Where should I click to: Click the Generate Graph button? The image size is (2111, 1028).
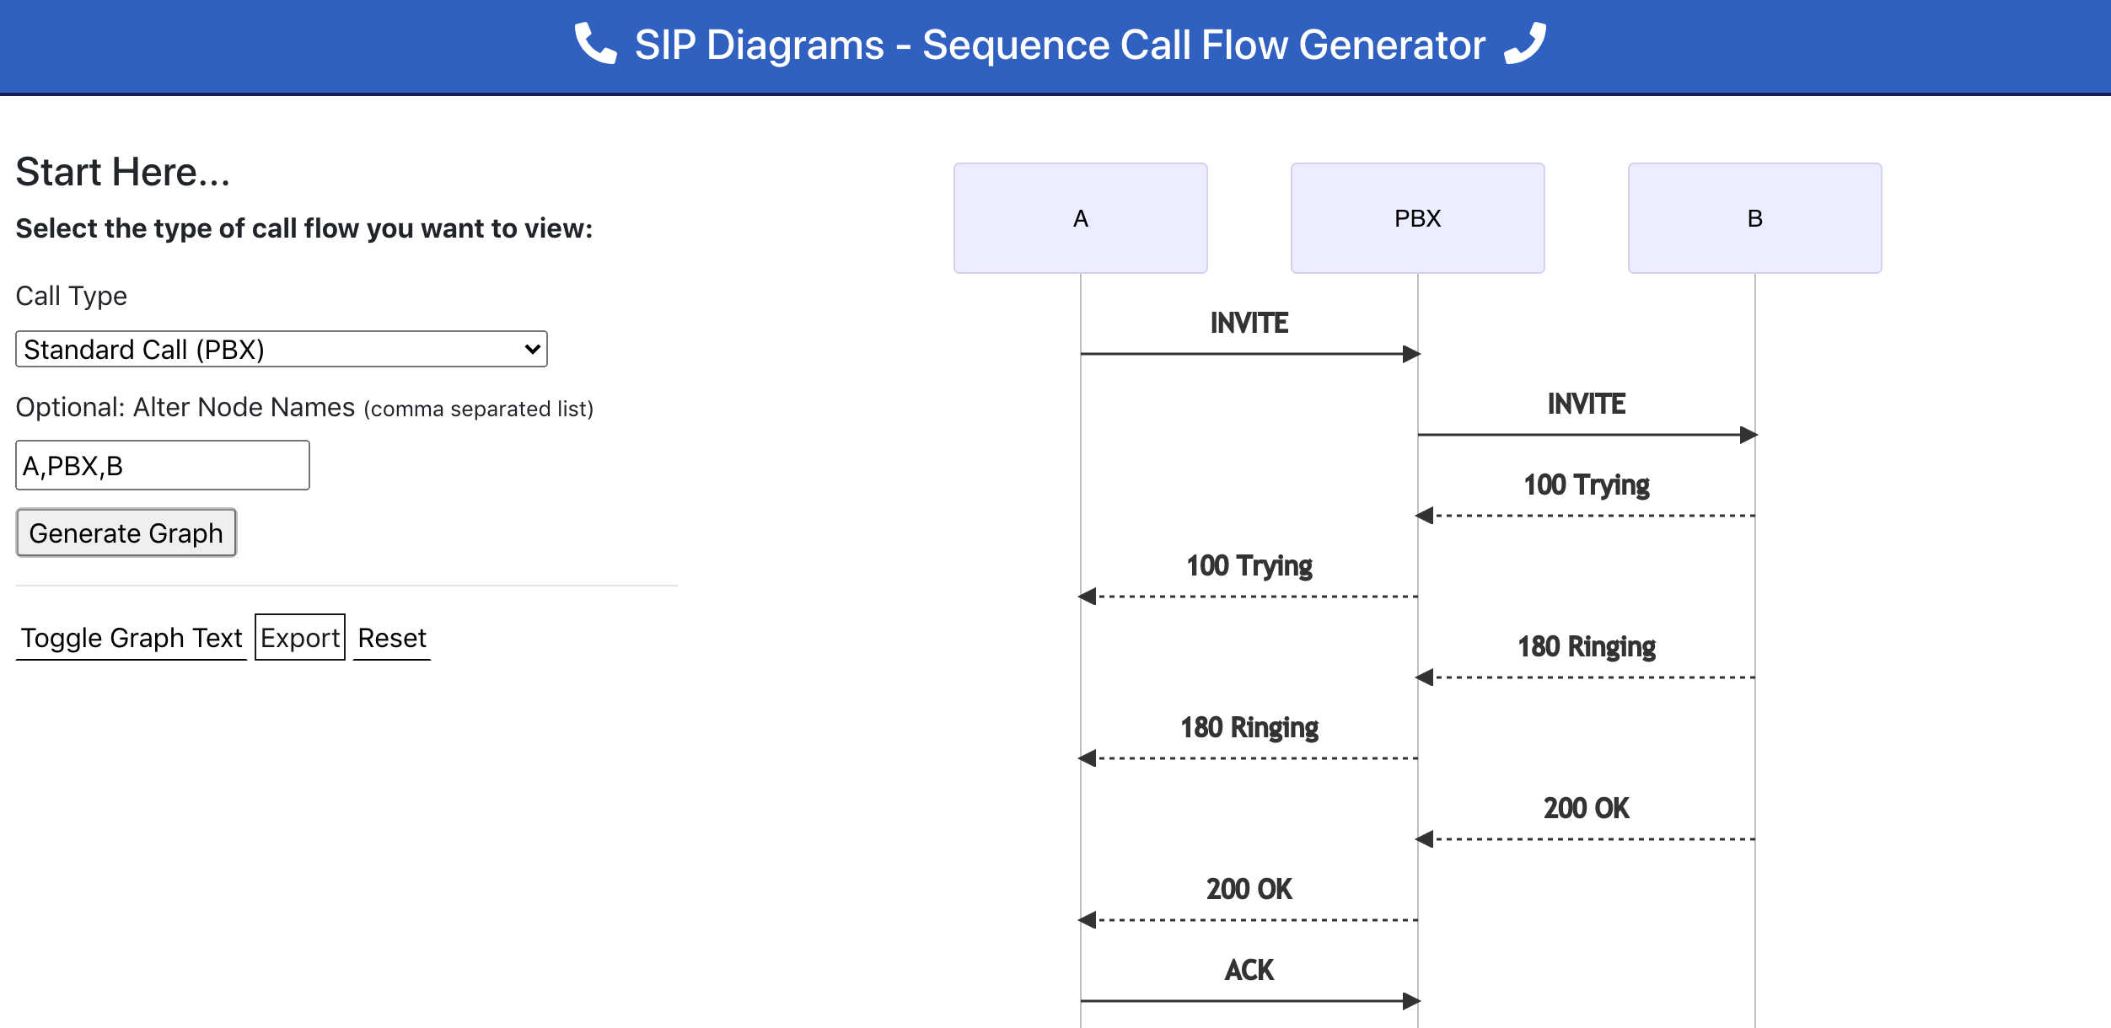click(x=126, y=533)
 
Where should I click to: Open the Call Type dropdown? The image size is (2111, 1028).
click(x=281, y=349)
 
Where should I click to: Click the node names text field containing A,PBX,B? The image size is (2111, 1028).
click(x=162, y=465)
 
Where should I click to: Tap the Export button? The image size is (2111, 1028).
click(x=299, y=638)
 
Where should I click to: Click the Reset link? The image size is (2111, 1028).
click(x=392, y=638)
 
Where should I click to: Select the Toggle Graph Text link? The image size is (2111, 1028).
click(x=132, y=638)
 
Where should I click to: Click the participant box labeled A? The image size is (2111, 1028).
click(x=1080, y=218)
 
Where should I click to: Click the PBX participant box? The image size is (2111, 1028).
click(x=1417, y=218)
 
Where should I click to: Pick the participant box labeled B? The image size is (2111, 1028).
click(x=1754, y=218)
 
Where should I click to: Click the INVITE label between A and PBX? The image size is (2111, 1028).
click(x=1249, y=323)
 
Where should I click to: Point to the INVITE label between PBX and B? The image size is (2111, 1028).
click(x=1586, y=404)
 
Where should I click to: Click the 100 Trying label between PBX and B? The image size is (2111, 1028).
click(x=1586, y=485)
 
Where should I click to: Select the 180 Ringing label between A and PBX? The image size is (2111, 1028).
click(x=1249, y=727)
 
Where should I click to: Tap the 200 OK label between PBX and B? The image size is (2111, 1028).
click(x=1586, y=808)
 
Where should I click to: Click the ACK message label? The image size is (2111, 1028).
click(x=1249, y=970)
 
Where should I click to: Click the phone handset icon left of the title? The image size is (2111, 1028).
click(x=595, y=44)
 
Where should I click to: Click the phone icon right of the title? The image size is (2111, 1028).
click(x=1526, y=44)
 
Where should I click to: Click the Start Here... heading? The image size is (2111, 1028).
click(x=123, y=172)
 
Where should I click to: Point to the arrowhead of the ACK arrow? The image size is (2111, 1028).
click(x=1411, y=1001)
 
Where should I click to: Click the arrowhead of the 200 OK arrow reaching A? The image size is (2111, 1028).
click(x=1088, y=920)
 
